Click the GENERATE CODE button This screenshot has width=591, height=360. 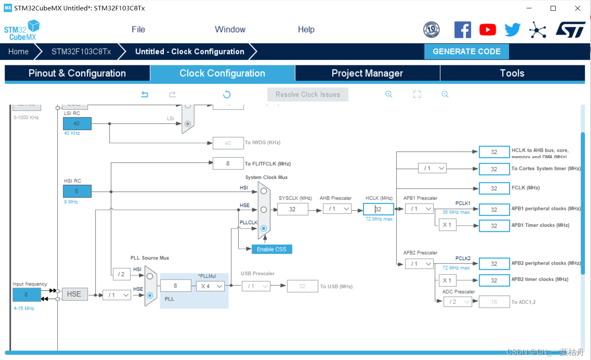click(466, 52)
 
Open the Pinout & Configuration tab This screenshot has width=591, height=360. click(77, 73)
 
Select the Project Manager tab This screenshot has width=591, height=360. click(367, 73)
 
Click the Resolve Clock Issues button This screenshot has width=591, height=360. click(307, 94)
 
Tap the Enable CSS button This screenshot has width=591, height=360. click(272, 249)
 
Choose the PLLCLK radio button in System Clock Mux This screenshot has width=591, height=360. click(264, 228)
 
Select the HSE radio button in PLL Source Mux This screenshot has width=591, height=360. click(150, 295)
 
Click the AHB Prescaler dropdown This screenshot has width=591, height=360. click(337, 209)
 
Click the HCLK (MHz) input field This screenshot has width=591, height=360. click(378, 209)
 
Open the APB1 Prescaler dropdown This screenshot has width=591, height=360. click(419, 209)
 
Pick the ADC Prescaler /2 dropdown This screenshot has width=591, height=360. click(457, 302)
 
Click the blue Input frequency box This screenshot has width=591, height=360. click(27, 295)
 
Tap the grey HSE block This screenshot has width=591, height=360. click(74, 294)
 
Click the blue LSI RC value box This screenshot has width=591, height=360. click(77, 124)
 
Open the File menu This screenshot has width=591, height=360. click(138, 30)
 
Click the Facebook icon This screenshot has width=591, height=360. click(462, 30)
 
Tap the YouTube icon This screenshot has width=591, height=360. click(487, 30)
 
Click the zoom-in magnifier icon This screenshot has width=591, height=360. click(389, 94)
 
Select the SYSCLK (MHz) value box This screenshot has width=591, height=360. click(292, 209)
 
